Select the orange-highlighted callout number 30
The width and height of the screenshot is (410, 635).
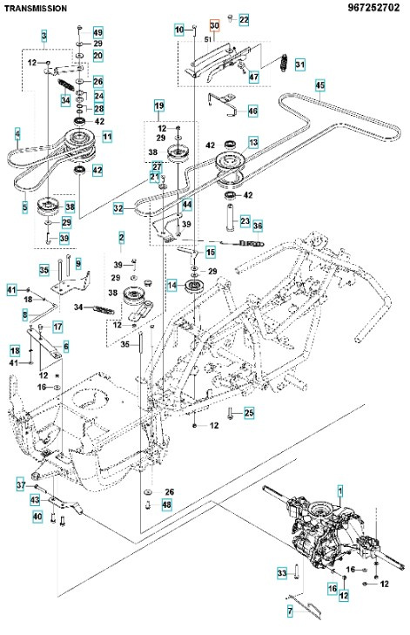pyautogui.click(x=214, y=27)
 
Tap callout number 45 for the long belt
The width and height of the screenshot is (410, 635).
pyautogui.click(x=319, y=84)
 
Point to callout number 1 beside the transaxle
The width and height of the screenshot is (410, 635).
pyautogui.click(x=340, y=491)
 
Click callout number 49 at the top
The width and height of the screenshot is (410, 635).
pyautogui.click(x=97, y=32)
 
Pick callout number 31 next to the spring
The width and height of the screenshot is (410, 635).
pyautogui.click(x=299, y=64)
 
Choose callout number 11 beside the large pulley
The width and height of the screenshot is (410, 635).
pyautogui.click(x=106, y=137)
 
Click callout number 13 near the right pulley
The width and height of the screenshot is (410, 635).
pyautogui.click(x=253, y=141)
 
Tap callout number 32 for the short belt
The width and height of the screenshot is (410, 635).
pyautogui.click(x=118, y=209)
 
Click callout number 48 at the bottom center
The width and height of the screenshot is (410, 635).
pyautogui.click(x=167, y=504)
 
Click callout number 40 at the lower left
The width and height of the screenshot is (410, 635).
pyautogui.click(x=37, y=517)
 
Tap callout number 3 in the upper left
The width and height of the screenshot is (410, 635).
pyautogui.click(x=44, y=35)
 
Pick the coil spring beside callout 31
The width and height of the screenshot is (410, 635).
pyautogui.click(x=283, y=64)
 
